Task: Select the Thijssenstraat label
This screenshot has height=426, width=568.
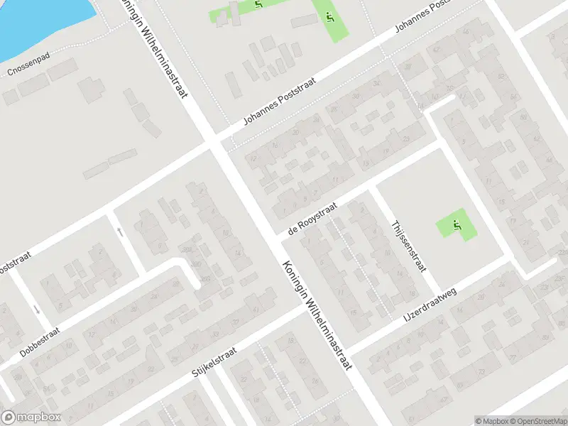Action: (x=408, y=246)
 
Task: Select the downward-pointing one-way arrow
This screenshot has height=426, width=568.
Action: (x=36, y=310)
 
